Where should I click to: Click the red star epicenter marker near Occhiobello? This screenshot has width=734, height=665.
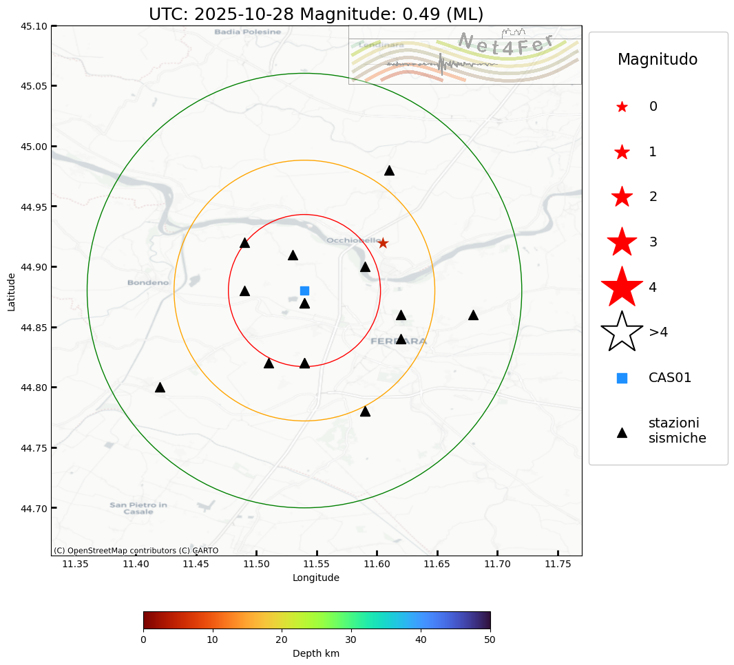(383, 243)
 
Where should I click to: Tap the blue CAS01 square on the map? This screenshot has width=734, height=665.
(304, 291)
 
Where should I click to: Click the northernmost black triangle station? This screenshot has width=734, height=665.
(389, 170)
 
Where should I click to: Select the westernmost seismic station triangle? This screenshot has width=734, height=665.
(160, 388)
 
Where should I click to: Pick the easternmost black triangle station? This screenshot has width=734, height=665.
(473, 315)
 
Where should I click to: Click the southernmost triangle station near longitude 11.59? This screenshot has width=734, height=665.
(365, 412)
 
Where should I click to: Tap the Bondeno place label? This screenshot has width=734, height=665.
(148, 283)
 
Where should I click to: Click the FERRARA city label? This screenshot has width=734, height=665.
(399, 341)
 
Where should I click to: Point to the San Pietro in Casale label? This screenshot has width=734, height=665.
(138, 508)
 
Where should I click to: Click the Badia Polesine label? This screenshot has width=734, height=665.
(248, 32)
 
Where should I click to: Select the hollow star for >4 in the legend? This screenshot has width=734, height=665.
(622, 332)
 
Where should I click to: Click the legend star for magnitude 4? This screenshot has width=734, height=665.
(622, 287)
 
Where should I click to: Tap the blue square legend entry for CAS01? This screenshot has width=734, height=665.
(622, 378)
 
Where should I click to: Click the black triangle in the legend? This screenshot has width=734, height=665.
(622, 432)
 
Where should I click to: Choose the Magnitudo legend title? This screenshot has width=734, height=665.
(658, 60)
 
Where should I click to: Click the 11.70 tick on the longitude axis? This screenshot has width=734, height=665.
(497, 564)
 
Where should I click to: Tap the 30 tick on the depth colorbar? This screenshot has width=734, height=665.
(351, 640)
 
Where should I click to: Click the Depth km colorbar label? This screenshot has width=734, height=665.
(316, 653)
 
